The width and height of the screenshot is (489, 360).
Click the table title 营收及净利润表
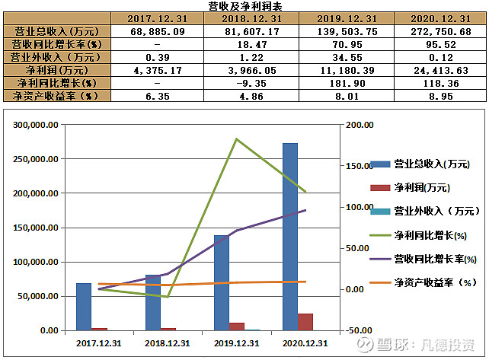pos(244,6)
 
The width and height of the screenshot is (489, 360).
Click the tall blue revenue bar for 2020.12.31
pos(289,236)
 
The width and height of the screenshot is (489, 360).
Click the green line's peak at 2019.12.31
pos(236,139)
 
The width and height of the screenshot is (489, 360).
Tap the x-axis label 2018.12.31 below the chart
pos(168,343)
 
